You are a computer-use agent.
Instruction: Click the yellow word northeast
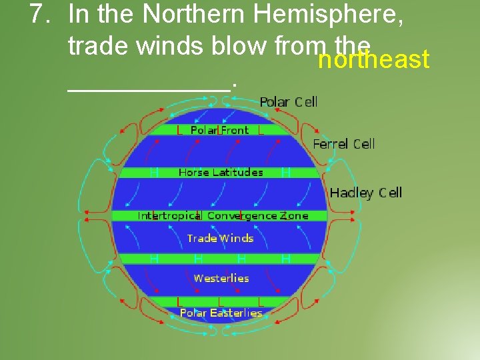(x=373, y=60)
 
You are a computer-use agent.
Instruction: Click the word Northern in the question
(x=171, y=14)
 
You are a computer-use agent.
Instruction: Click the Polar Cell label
(x=288, y=102)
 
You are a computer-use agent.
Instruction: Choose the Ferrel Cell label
(x=344, y=144)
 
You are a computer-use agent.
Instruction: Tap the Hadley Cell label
(x=366, y=193)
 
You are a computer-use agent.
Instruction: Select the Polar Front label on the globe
(x=219, y=131)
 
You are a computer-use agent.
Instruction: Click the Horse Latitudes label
(x=221, y=173)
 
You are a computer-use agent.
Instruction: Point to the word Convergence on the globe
(x=243, y=216)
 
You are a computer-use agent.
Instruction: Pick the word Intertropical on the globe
(x=169, y=216)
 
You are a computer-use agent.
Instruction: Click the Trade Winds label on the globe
(x=221, y=238)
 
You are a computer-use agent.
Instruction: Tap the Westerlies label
(x=221, y=279)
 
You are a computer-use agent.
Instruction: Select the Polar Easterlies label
(x=221, y=313)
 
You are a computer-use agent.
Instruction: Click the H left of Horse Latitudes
(x=154, y=173)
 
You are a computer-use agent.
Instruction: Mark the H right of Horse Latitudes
(x=286, y=173)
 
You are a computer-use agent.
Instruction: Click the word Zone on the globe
(x=294, y=216)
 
